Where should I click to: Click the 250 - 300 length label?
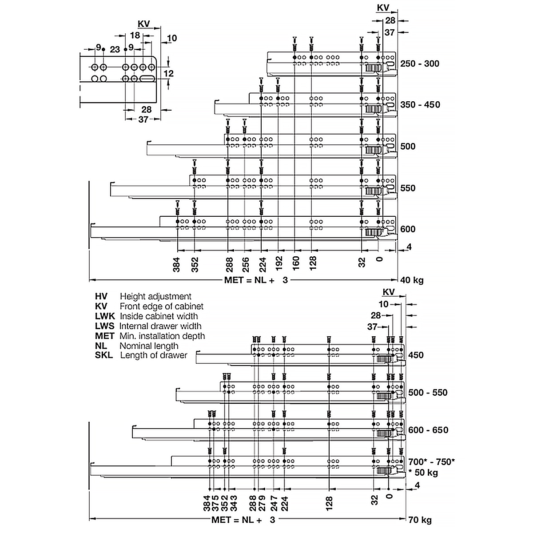point(419,64)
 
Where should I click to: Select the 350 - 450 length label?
point(420,105)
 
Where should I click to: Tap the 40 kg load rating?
point(412,280)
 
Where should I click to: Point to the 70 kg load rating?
point(420,519)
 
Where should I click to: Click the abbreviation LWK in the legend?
point(105,316)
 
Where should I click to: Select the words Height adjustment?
point(155,296)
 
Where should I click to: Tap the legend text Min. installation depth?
point(162,336)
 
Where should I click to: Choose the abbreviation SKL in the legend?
point(104,355)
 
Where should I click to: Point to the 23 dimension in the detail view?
point(115,49)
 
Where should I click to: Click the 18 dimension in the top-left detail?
point(135,36)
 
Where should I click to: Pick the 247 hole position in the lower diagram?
point(274,503)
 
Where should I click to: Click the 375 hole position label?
point(215,503)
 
